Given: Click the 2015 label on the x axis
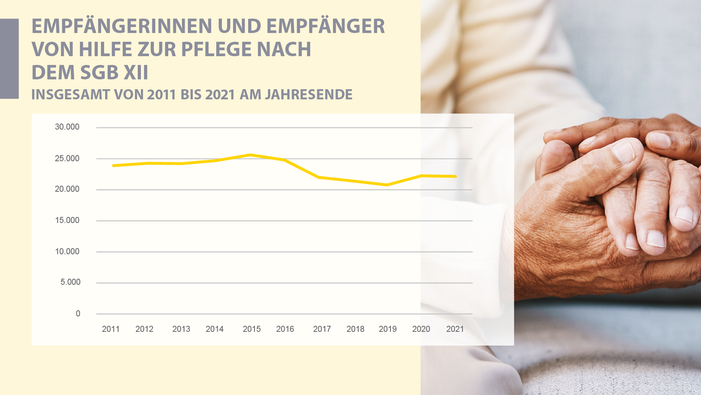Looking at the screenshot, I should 251,329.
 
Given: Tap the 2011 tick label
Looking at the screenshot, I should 110,329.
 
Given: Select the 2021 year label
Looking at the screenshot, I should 454,329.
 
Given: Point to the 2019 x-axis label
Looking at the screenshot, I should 387,329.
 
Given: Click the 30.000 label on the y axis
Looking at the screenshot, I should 68,128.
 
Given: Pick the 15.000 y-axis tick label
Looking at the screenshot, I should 68,221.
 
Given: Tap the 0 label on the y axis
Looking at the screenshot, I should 78,314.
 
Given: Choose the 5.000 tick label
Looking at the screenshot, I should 70,283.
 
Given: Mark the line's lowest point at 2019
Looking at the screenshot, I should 387,185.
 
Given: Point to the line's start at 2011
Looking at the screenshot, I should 113,166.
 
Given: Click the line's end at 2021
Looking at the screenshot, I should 456,176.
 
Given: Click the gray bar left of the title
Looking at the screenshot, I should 9,59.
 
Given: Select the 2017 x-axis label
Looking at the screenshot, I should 322,329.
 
